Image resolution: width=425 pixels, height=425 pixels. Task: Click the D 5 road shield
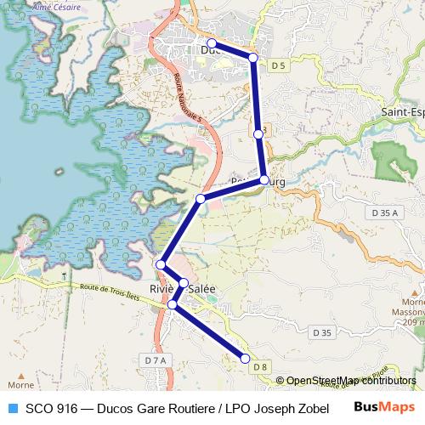point(278,65)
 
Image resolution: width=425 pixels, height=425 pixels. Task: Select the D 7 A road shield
point(156,360)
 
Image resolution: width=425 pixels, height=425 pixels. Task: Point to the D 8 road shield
point(260,367)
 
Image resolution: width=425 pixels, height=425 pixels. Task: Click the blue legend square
point(12,407)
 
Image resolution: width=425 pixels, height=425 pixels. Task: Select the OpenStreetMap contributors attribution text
point(351,381)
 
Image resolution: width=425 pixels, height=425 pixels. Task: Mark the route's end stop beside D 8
point(246,359)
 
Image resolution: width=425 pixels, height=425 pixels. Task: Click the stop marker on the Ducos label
point(211,43)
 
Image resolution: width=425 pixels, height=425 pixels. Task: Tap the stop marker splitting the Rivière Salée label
point(184,283)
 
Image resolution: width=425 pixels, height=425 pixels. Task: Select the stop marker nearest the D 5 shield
point(252,57)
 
